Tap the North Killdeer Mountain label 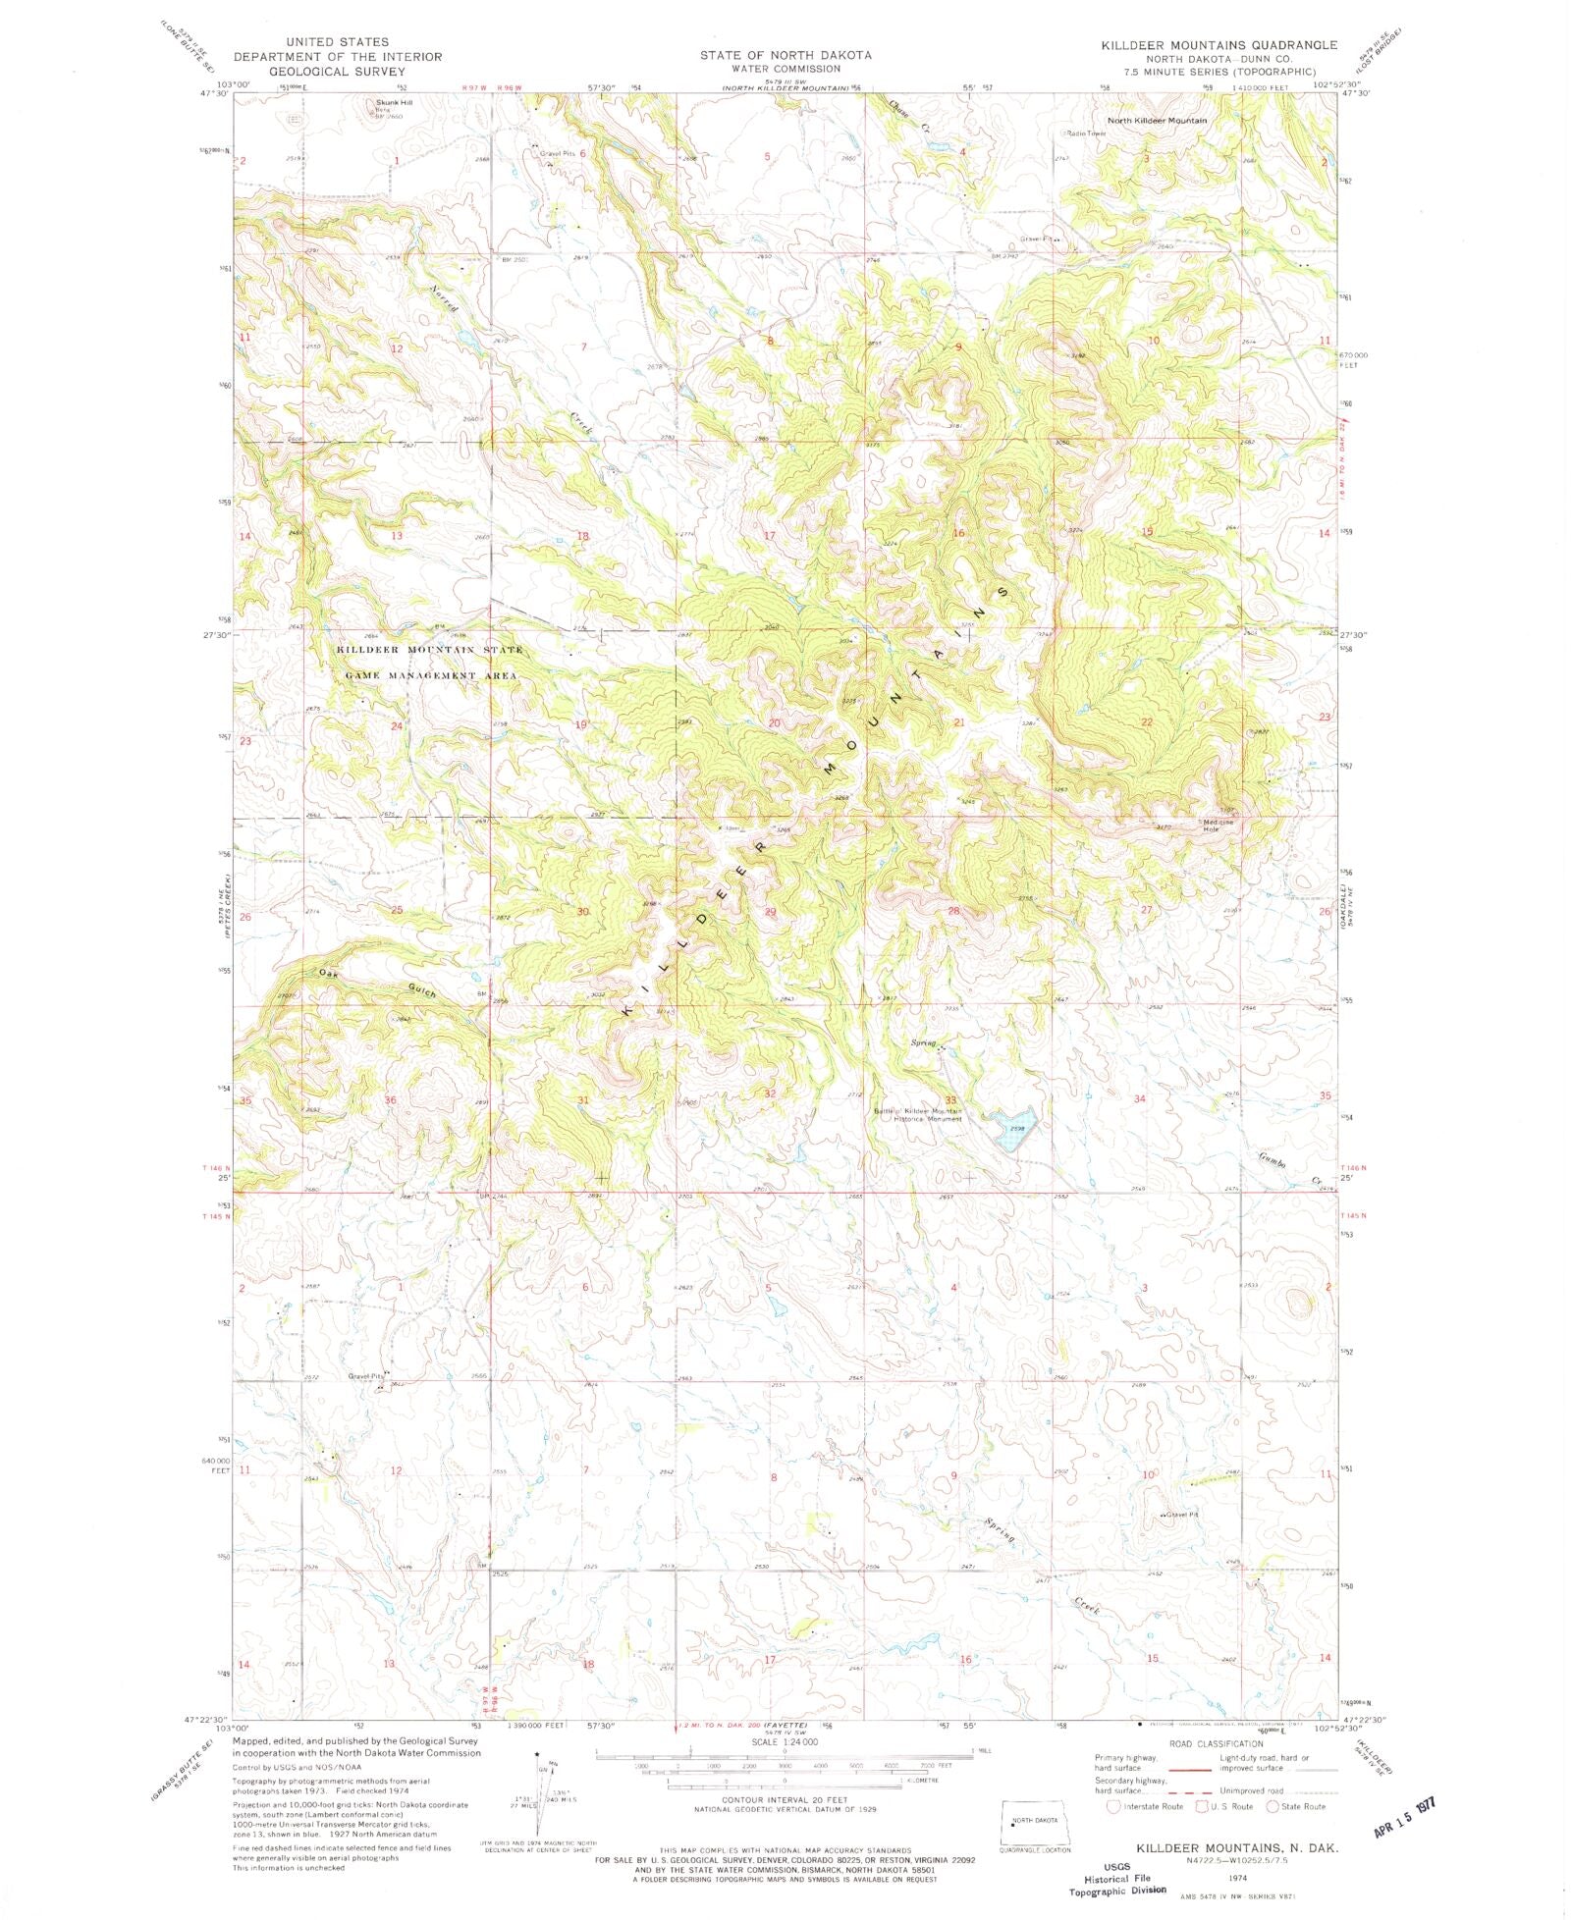[1157, 120]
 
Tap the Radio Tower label [1086, 133]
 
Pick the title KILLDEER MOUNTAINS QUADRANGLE [1219, 45]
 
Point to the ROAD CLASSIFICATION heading [1217, 1743]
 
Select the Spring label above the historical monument [923, 1041]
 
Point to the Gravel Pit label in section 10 [1181, 1515]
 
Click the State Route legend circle [1273, 1806]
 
